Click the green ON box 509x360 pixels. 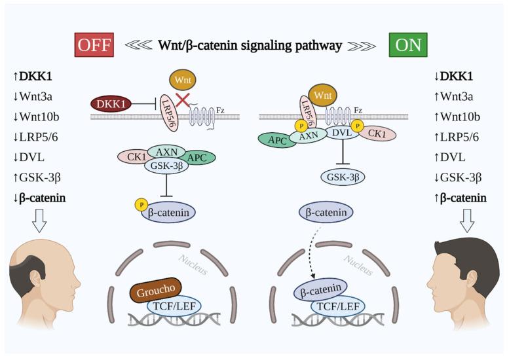[x=407, y=46]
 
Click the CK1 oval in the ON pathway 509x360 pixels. [x=376, y=134]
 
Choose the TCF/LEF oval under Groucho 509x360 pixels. [x=174, y=305]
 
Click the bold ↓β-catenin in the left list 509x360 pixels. [x=41, y=197]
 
